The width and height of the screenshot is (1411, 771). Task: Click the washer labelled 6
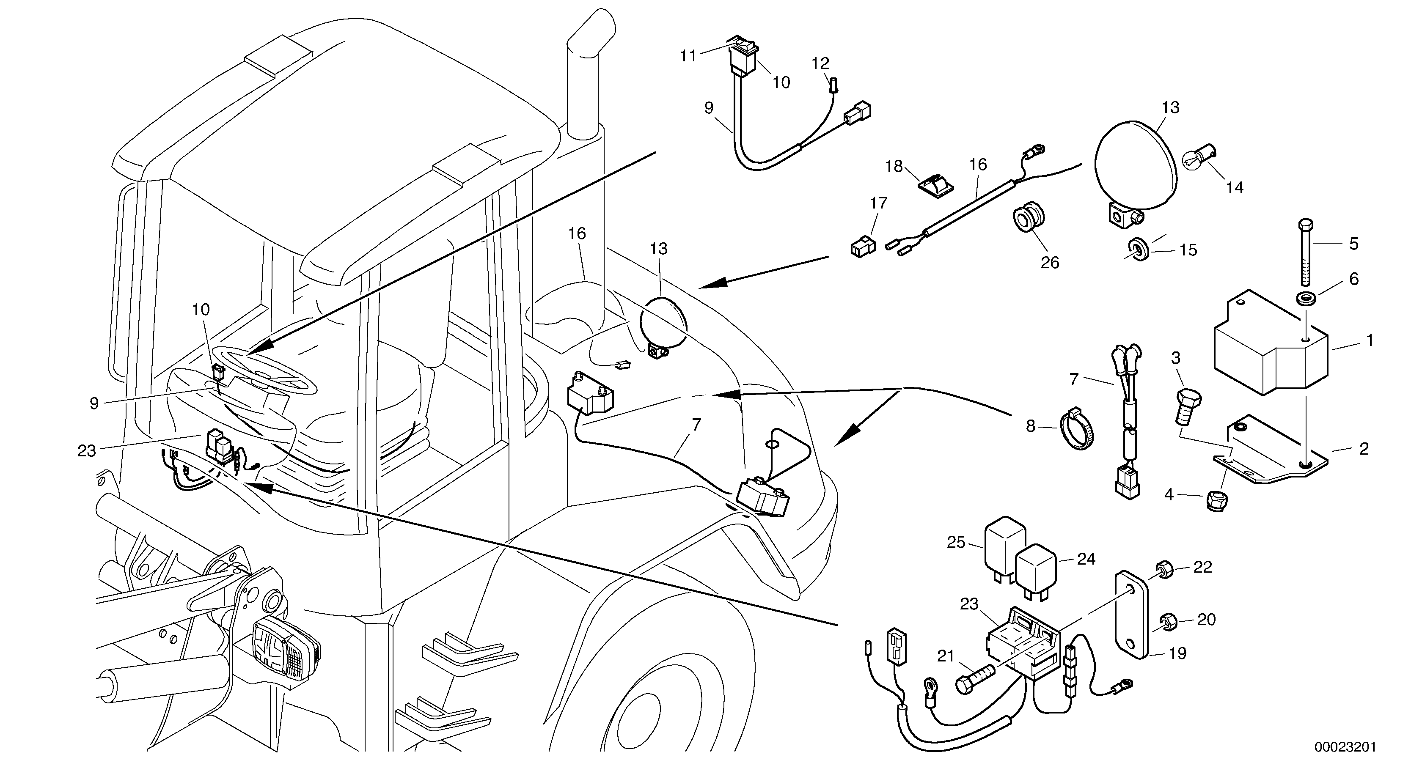click(1306, 299)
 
